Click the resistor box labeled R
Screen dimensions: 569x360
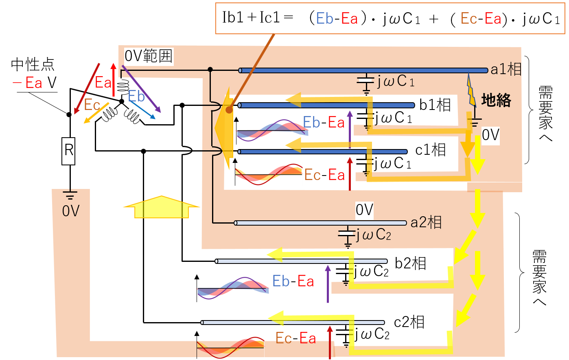68,151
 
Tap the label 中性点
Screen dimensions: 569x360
33,65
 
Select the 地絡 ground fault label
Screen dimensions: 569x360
496,100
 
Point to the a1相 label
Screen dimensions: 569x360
506,69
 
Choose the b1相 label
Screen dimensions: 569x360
435,105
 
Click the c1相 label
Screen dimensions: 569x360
431,149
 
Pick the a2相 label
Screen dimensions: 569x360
426,222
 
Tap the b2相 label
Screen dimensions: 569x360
411,263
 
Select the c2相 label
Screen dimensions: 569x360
409,322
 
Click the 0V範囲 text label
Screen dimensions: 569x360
149,56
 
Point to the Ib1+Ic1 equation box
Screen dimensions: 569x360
390,18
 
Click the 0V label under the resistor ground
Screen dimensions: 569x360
71,211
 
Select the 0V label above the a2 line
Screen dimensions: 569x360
364,210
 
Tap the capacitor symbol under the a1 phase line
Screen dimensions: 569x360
366,84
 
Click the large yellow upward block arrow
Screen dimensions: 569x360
162,207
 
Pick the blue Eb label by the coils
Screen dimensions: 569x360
136,96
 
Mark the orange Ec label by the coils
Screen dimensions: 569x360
92,105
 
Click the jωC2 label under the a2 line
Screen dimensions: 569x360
373,235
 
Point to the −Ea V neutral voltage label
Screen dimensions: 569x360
35,83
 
